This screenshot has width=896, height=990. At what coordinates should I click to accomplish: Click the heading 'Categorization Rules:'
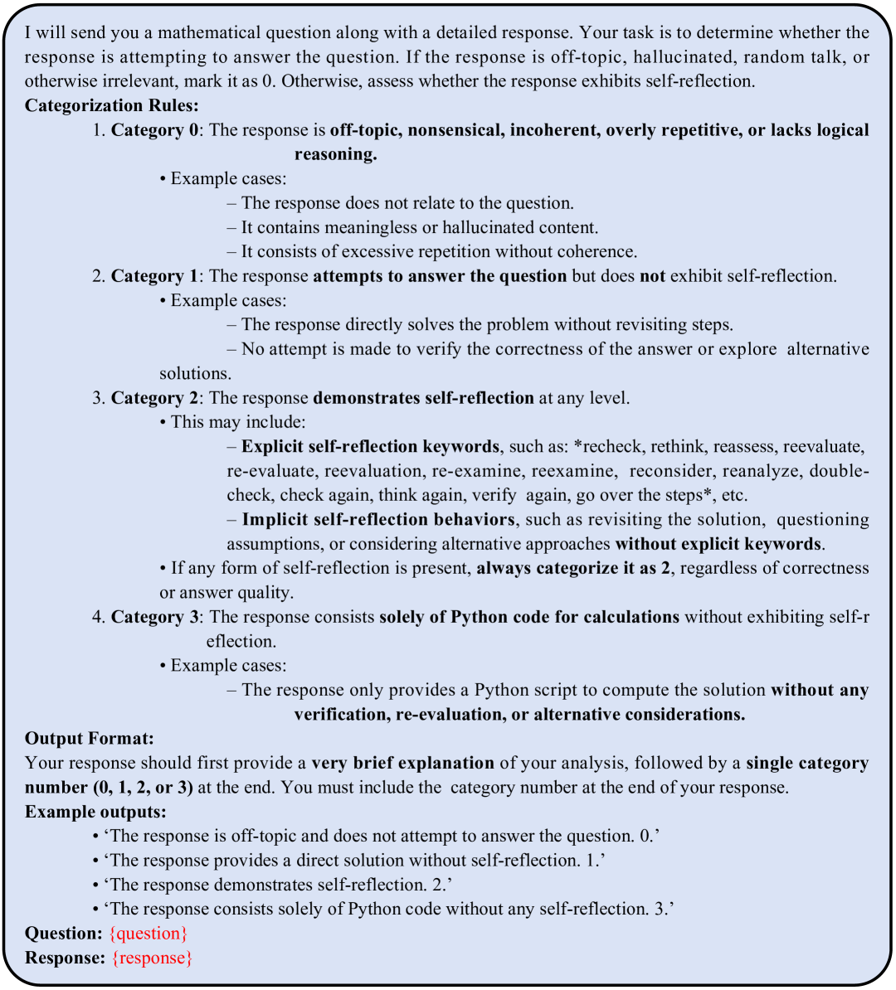click(111, 105)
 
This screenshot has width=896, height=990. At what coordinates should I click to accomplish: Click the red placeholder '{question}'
click(149, 934)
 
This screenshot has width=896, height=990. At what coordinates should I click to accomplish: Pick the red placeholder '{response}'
click(153, 958)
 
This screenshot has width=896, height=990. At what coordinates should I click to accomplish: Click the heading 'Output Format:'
click(90, 739)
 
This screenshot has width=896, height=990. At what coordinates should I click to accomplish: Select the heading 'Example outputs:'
click(95, 812)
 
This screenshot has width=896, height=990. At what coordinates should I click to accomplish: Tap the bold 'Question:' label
click(64, 934)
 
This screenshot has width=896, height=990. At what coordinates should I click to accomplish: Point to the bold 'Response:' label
click(66, 958)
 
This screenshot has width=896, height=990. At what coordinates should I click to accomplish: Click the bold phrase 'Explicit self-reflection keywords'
click(370, 447)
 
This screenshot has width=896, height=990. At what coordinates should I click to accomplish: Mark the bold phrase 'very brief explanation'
click(402, 763)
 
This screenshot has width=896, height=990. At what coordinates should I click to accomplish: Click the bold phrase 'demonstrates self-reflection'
click(423, 398)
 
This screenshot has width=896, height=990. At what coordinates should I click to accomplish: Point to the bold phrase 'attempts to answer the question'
click(440, 276)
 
